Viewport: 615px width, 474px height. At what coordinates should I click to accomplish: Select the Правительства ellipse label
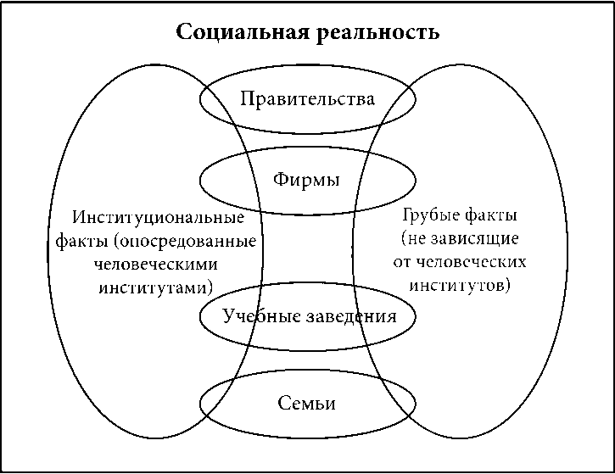(307, 99)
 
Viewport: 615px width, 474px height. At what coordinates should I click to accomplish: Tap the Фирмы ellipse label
(307, 180)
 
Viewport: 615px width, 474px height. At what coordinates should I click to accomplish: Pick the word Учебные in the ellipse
(257, 316)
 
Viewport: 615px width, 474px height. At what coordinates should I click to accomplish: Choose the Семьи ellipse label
(307, 403)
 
